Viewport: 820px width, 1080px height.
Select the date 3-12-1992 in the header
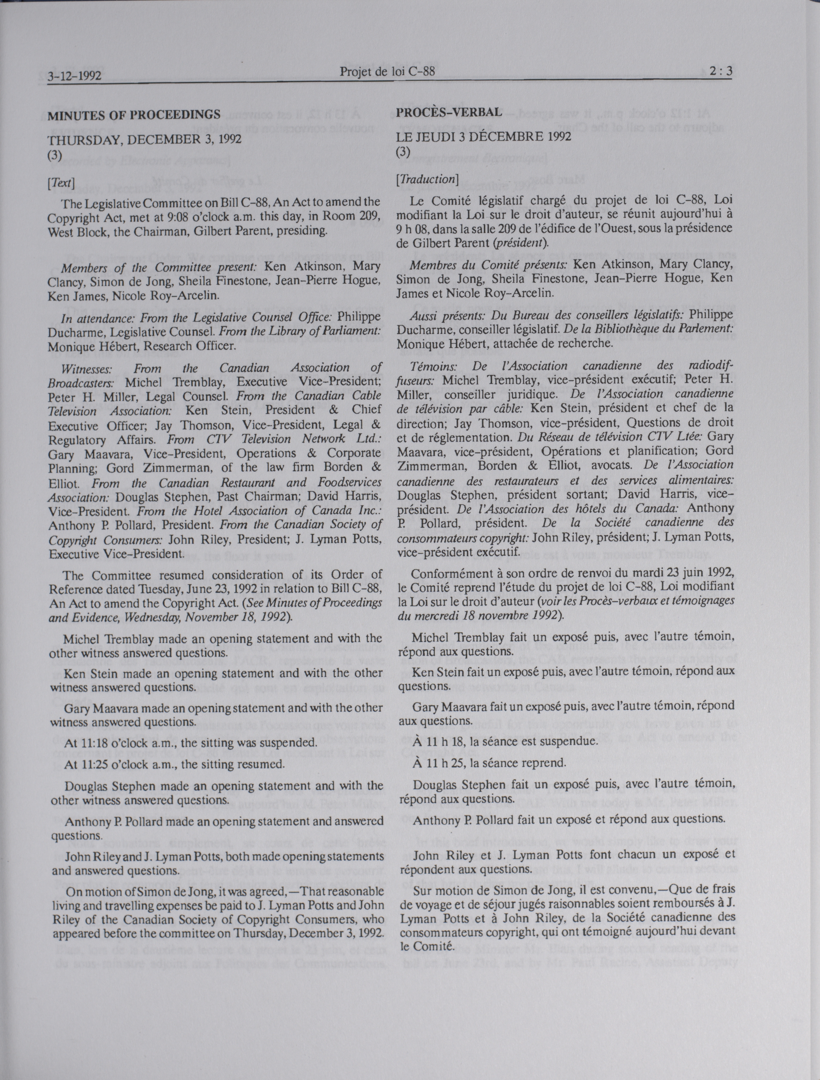pos(74,77)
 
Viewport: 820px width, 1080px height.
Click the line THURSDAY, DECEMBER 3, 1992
pos(144,139)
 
